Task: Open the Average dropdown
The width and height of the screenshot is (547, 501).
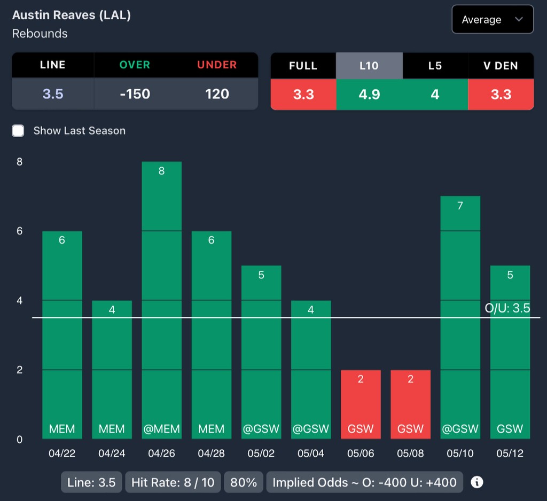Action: click(x=492, y=20)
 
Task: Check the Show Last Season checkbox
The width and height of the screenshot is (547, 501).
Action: click(x=18, y=131)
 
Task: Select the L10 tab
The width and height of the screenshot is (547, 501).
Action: click(x=369, y=66)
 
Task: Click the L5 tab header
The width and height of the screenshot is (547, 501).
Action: click(x=435, y=66)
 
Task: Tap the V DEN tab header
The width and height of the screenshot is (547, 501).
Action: click(x=501, y=66)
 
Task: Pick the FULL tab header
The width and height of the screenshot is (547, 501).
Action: click(x=303, y=66)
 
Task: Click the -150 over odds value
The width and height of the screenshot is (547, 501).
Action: click(x=135, y=94)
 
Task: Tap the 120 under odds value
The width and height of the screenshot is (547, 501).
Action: click(x=217, y=94)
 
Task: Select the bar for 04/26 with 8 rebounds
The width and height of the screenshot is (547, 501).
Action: click(x=162, y=300)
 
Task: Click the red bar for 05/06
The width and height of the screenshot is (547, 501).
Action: click(x=361, y=404)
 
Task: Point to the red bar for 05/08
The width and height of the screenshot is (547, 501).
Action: click(x=410, y=404)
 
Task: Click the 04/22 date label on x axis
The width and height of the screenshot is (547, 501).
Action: click(x=62, y=453)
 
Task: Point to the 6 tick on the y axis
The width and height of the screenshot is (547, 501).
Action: click(x=19, y=231)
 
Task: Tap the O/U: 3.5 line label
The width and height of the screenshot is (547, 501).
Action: click(x=507, y=308)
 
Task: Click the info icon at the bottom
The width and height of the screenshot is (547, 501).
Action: click(x=477, y=482)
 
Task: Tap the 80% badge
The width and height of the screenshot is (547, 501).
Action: click(x=243, y=483)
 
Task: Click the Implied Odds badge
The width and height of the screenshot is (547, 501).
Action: click(x=364, y=483)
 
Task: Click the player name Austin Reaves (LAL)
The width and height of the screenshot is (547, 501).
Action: click(x=72, y=15)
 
